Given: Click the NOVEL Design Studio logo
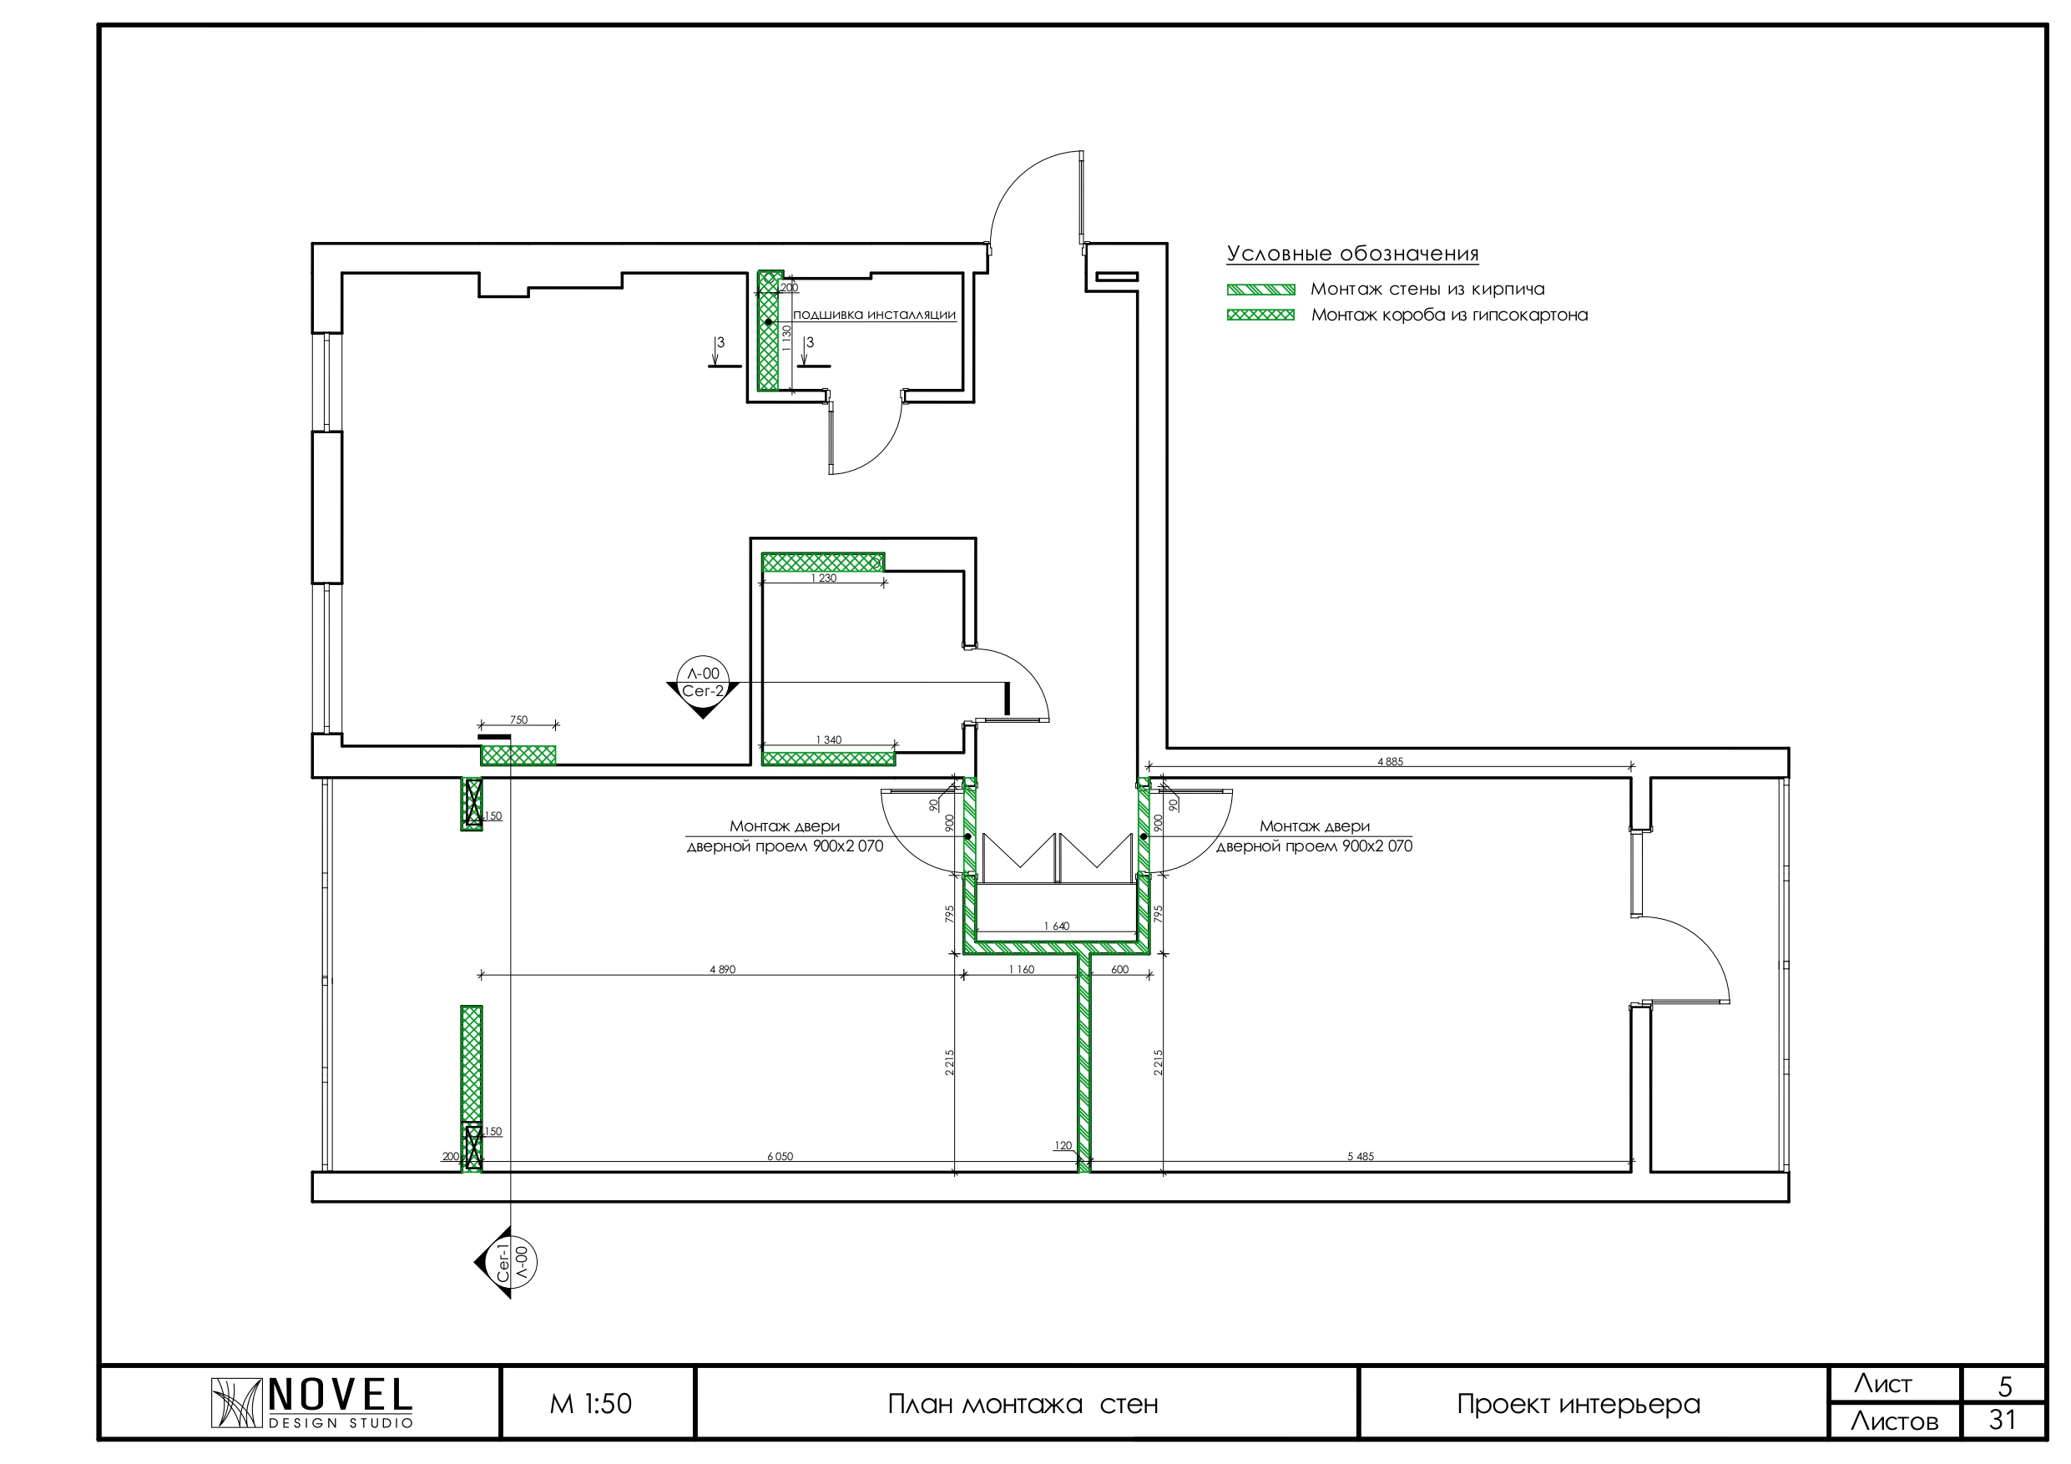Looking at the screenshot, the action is coord(312,1403).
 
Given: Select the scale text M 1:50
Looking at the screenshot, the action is coord(591,1404).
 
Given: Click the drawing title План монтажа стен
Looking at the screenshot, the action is coord(1023,1405).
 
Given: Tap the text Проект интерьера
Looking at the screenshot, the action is coord(1579,1405).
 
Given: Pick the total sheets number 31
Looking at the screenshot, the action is coord(2003,1420).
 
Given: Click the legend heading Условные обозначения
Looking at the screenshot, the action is coord(1352,254).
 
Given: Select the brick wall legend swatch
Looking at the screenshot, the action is coord(1260,290).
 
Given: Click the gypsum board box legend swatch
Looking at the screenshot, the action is coord(1260,315).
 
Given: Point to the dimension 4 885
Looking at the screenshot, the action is coord(1390,761).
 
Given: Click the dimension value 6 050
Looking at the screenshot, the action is coord(780,1156).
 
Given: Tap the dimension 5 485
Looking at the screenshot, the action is coord(1361,1156).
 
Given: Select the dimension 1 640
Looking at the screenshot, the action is coord(1056,926).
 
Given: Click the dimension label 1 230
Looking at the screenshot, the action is coord(824,578).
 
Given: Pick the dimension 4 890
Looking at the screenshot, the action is coord(723,970).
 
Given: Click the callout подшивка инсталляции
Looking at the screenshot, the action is coord(874,315).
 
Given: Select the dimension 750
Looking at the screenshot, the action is coord(518,719).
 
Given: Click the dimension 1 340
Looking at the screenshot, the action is coord(829,740).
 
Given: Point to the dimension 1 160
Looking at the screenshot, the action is coord(1022,970).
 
